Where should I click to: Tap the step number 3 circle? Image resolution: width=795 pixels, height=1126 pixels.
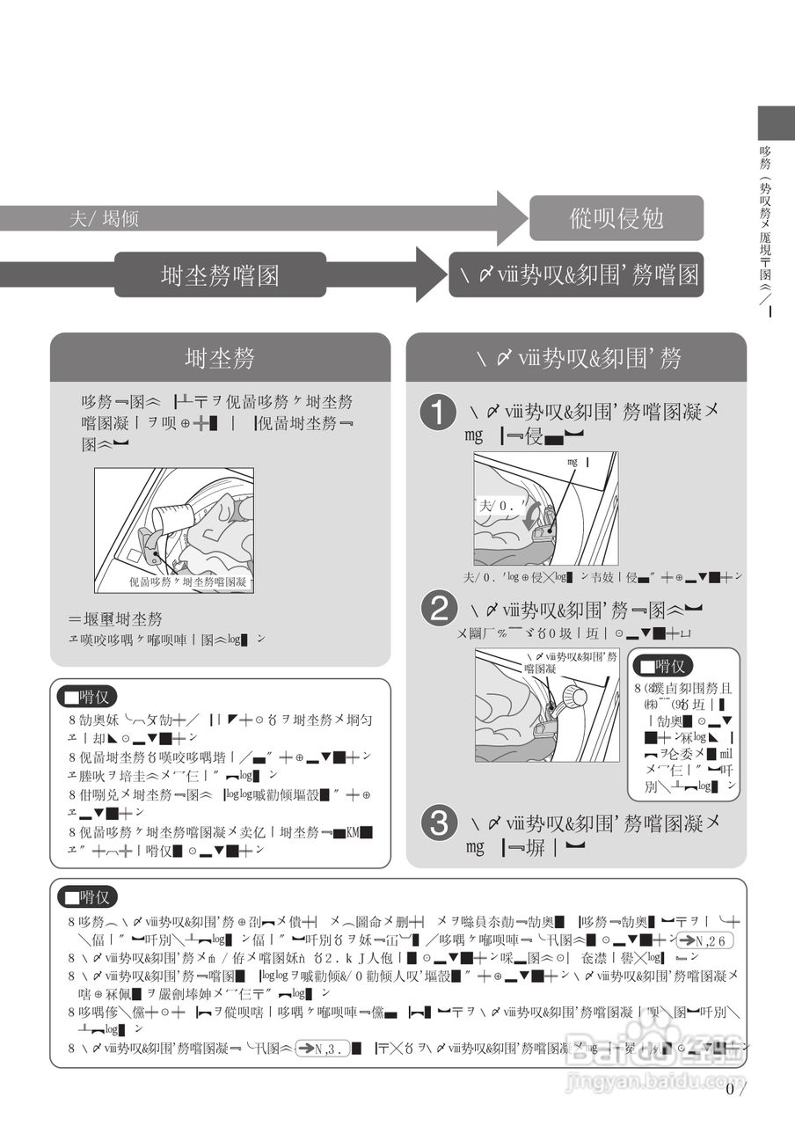[438, 823]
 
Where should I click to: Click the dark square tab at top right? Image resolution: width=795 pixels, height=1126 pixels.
[776, 121]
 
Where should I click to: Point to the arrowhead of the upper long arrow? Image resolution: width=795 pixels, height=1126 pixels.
[511, 217]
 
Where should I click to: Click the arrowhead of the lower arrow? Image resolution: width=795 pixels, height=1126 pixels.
[431, 274]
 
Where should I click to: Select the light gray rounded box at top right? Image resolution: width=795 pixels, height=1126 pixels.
[616, 218]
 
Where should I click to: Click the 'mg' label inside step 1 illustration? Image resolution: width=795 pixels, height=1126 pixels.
[573, 461]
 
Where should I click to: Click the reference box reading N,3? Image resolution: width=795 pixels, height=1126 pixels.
[324, 1047]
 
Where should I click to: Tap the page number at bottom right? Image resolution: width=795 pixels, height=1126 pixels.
[735, 1090]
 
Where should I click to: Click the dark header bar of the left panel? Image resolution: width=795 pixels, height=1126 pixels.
[220, 357]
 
